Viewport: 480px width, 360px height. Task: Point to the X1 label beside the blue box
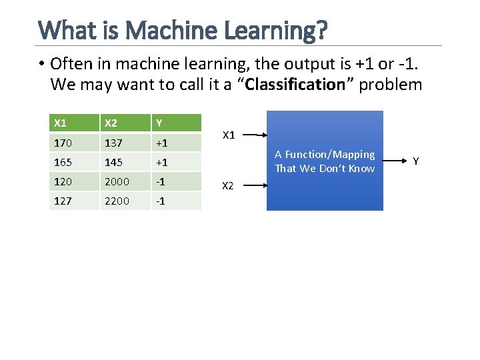pyautogui.click(x=229, y=135)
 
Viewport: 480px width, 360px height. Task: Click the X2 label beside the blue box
pyautogui.click(x=228, y=185)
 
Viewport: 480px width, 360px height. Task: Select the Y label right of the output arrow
pyautogui.click(x=416, y=161)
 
